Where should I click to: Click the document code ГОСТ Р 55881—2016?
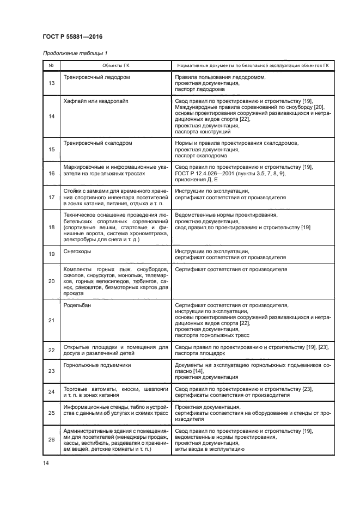(x=72, y=36)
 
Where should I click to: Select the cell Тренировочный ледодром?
(x=96, y=78)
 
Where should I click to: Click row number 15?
(x=51, y=149)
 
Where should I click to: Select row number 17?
(x=51, y=198)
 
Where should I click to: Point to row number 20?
(x=51, y=281)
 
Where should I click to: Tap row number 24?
(x=51, y=392)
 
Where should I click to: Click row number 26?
(x=51, y=440)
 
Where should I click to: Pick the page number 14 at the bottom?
(x=46, y=463)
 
